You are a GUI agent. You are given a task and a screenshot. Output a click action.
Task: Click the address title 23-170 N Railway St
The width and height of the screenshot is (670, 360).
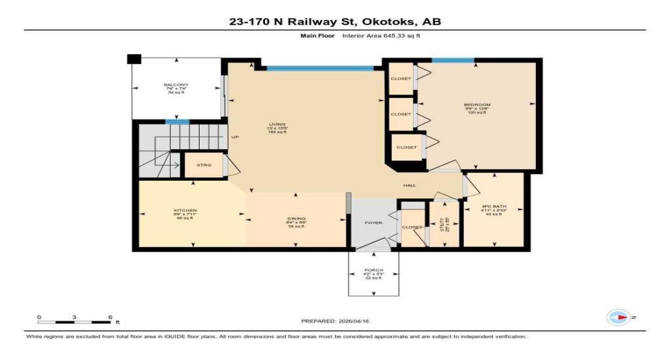tap(334, 22)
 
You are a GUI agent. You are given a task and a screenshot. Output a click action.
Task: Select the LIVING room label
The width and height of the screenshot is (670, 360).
tap(277, 127)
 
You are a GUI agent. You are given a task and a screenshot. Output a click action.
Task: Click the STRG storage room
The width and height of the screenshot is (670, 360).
tap(204, 165)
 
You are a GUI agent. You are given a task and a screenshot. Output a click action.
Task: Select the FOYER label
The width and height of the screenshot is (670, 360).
tap(373, 222)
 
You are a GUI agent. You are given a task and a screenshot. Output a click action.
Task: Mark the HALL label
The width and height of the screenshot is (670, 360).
tap(410, 186)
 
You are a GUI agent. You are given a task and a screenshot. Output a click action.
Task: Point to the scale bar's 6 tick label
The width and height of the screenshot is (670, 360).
tap(109, 317)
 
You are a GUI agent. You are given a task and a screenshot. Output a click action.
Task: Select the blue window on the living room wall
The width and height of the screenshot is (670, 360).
tap(320, 68)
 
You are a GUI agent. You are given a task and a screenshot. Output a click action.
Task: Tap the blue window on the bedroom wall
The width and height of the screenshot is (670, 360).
tap(452, 60)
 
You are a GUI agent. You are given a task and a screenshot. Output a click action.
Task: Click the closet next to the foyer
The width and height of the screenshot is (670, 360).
tap(412, 227)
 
